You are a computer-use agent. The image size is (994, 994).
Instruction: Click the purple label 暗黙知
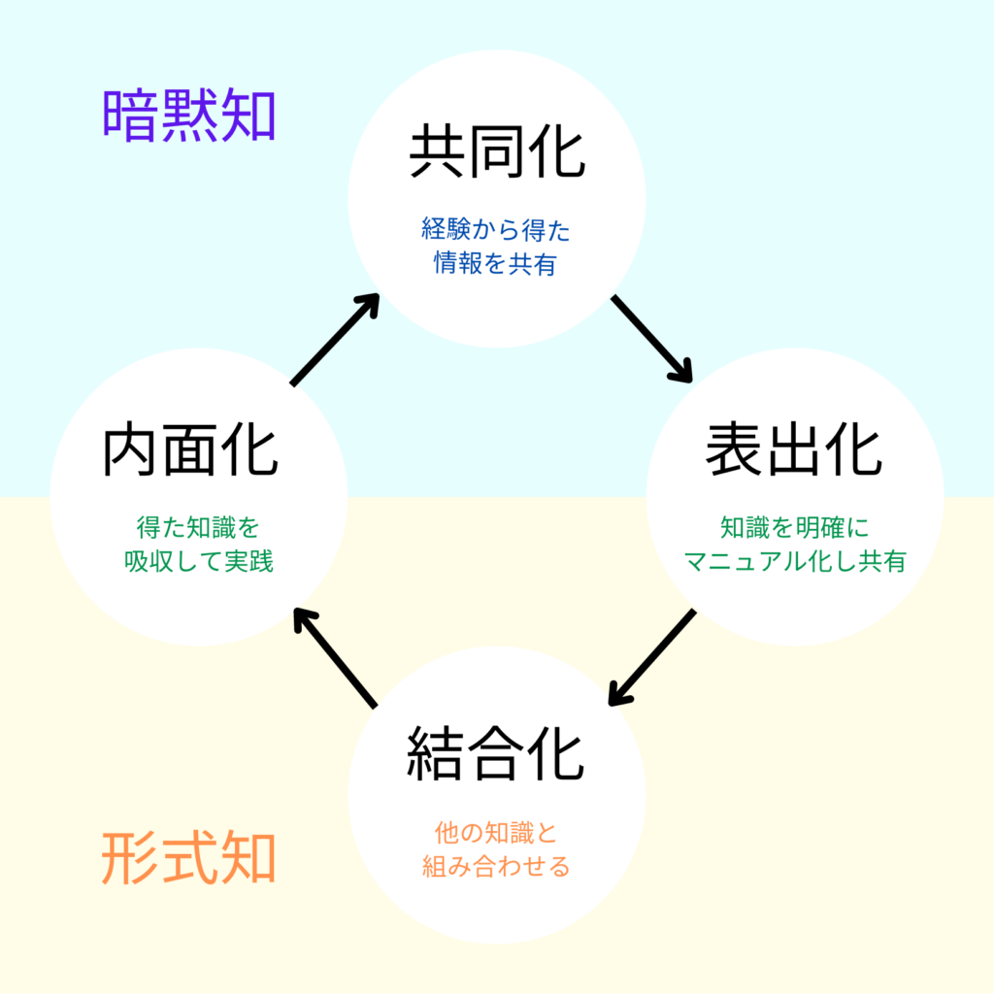pos(189,116)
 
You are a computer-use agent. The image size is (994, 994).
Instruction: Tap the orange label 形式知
pos(189,858)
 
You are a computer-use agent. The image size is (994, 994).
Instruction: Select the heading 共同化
pos(496,152)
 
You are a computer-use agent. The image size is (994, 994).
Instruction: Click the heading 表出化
pos(794,450)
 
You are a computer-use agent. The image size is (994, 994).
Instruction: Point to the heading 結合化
pos(496,754)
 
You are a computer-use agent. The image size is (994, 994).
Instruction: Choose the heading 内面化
pos(190,450)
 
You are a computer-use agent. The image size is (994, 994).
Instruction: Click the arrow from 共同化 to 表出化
pos(651,339)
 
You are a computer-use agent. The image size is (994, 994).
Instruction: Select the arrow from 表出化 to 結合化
pos(651,657)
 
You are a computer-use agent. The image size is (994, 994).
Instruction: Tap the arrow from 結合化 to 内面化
pos(335,657)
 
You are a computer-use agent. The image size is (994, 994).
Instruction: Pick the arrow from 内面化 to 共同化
pos(335,340)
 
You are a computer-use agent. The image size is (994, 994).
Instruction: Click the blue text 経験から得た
pos(496,230)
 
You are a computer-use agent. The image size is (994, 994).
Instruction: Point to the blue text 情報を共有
pos(496,264)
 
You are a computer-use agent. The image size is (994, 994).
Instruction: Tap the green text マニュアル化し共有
pos(794,561)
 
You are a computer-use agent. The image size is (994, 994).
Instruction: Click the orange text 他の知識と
pos(496,833)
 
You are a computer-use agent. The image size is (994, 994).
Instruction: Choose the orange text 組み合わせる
pos(496,866)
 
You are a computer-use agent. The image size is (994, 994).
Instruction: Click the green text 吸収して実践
pos(198,561)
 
